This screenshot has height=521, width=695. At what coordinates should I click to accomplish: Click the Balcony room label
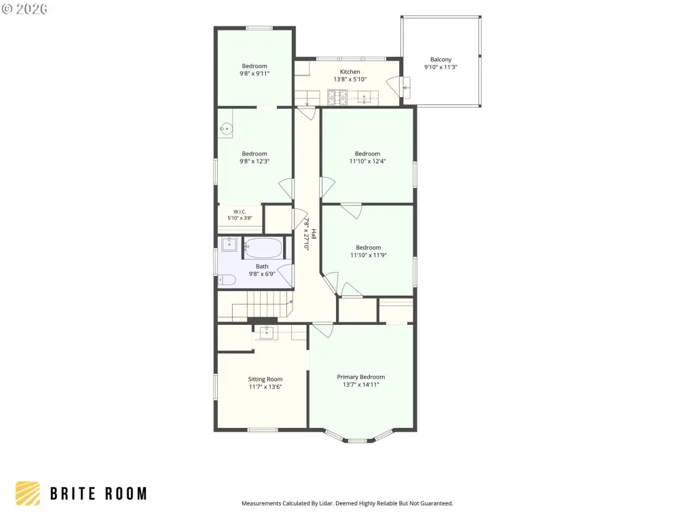pyautogui.click(x=440, y=60)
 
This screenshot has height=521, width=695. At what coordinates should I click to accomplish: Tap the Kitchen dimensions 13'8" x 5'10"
pyautogui.click(x=350, y=79)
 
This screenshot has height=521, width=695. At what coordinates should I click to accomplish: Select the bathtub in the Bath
pyautogui.click(x=263, y=248)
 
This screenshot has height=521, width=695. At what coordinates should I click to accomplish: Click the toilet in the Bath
pyautogui.click(x=227, y=279)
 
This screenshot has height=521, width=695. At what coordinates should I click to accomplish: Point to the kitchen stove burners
pyautogui.click(x=337, y=98)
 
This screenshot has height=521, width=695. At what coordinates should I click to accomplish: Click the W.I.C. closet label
pyautogui.click(x=240, y=212)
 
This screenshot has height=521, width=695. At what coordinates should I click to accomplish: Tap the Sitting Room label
pyautogui.click(x=265, y=379)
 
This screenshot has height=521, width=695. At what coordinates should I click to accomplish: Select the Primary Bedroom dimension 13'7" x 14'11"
pyautogui.click(x=361, y=385)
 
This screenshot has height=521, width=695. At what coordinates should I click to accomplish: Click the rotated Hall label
pyautogui.click(x=314, y=234)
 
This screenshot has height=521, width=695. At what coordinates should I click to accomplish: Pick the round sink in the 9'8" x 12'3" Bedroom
pyautogui.click(x=227, y=129)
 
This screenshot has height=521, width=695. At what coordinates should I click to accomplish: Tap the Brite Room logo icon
pyautogui.click(x=27, y=494)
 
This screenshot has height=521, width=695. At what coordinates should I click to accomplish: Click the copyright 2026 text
pyautogui.click(x=24, y=9)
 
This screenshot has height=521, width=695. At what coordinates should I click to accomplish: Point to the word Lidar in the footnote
pyautogui.click(x=325, y=503)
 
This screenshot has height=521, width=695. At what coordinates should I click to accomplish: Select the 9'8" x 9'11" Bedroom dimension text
pyautogui.click(x=255, y=73)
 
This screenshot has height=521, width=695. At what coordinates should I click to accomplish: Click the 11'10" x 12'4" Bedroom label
pyautogui.click(x=367, y=154)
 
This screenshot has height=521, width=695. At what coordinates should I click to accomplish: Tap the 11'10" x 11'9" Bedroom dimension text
pyautogui.click(x=369, y=255)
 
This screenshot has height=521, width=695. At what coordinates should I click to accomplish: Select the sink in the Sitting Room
pyautogui.click(x=266, y=332)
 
